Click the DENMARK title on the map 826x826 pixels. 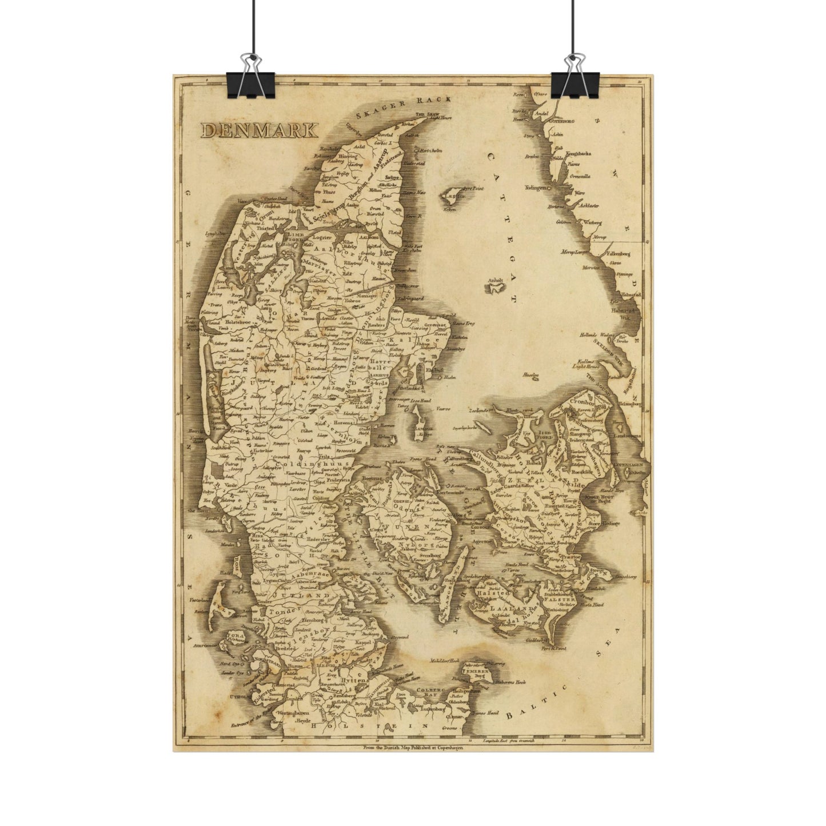[259, 130]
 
